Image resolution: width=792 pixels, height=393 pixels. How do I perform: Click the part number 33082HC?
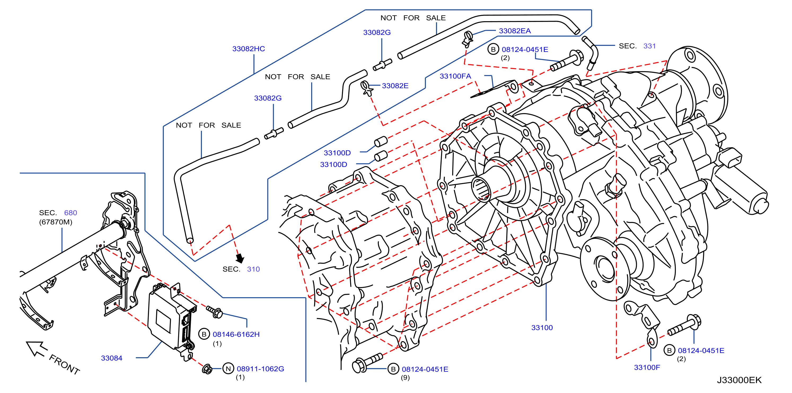coord(248,49)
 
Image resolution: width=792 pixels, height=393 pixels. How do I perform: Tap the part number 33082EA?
coord(515,31)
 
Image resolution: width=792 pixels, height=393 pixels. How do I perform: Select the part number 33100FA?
coord(455,76)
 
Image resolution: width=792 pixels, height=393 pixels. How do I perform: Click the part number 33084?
coord(112,358)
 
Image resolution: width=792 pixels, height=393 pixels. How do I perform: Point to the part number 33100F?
coord(647,368)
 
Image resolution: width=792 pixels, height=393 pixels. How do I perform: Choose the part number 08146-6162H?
coord(236,334)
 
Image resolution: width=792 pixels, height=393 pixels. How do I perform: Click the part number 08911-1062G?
coord(260,369)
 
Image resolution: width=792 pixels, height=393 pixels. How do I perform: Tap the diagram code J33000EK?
coord(740,380)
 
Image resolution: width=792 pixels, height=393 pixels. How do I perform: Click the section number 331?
coord(650,46)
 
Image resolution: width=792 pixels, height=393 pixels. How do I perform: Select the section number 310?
coord(253,269)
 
